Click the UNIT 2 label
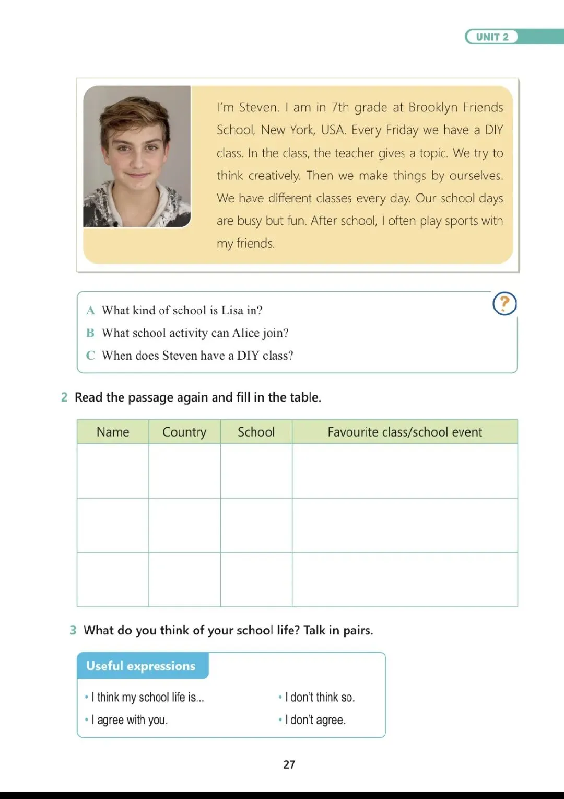(492, 37)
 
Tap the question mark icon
(504, 303)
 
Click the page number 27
(289, 764)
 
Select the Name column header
(113, 432)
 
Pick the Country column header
(184, 432)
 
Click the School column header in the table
(256, 432)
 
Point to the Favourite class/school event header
(405, 432)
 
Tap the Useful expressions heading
(141, 666)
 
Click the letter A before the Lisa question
(90, 311)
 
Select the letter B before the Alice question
(90, 333)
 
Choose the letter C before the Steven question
(90, 356)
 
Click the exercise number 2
(64, 397)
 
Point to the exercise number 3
(73, 630)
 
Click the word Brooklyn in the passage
(433, 107)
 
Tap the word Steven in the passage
(258, 107)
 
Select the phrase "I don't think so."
(320, 697)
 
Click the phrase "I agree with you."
(130, 720)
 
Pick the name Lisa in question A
(232, 311)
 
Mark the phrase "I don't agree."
(315, 720)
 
